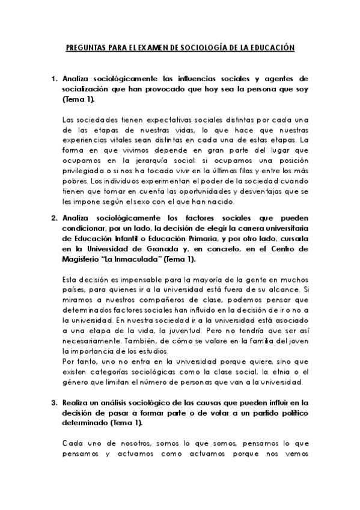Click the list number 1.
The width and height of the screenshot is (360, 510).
point(53,78)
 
